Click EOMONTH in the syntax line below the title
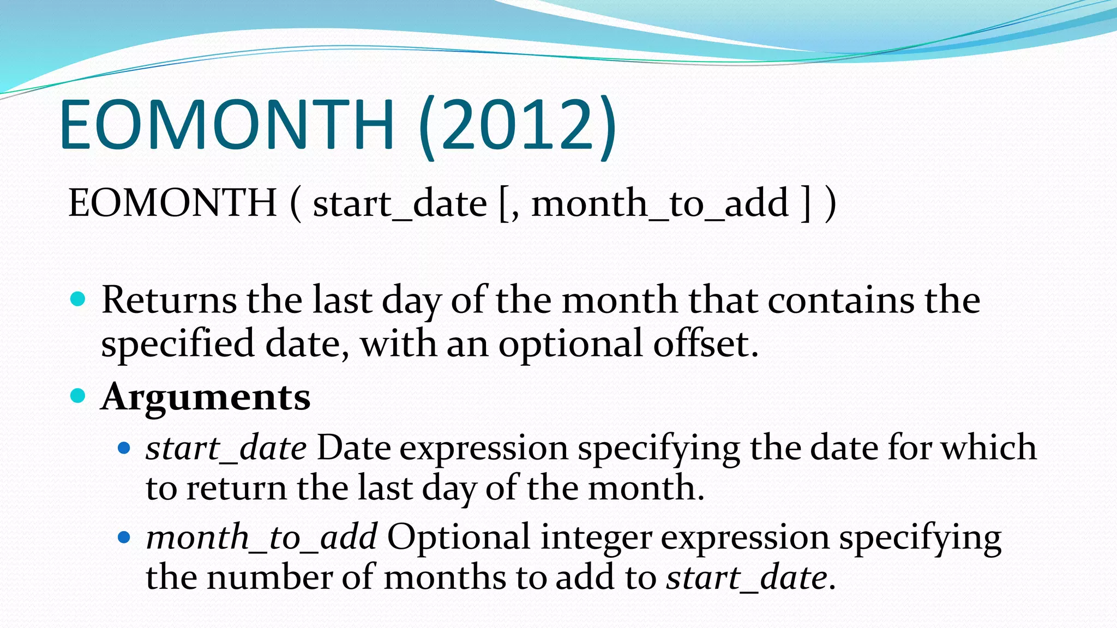tap(172, 203)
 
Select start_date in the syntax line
tap(400, 204)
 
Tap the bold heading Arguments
tap(206, 397)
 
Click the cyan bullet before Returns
tap(79, 299)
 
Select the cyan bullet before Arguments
tap(79, 395)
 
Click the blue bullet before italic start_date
tap(124, 448)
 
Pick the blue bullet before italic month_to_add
tap(124, 538)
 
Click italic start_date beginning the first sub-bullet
tap(226, 449)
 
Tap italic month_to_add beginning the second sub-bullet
tap(261, 538)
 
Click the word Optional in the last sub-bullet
tap(459, 537)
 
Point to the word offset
tap(705, 344)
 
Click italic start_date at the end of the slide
tap(747, 577)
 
